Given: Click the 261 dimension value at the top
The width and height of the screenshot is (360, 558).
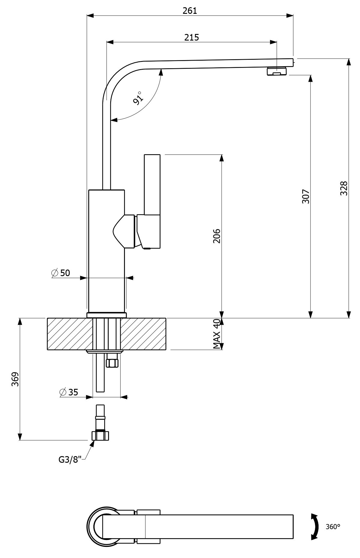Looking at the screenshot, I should point(190,11).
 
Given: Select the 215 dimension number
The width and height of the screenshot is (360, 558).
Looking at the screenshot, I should point(192,37).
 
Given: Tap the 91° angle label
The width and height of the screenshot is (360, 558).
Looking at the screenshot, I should point(139,98).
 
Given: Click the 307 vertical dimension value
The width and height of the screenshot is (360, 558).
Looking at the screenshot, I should point(306,197).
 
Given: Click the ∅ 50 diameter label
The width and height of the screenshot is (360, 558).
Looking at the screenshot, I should point(61,273).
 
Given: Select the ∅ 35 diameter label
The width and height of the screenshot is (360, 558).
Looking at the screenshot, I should point(69,392).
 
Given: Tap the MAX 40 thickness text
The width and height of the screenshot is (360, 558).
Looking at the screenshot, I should point(217,334).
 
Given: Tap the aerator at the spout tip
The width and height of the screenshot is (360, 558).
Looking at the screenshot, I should point(277,72).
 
